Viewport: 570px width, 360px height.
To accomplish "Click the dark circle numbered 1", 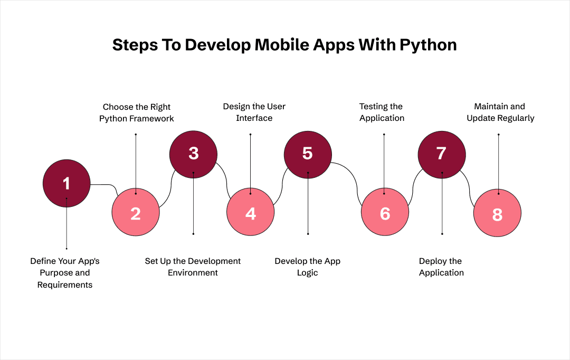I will tap(66, 183).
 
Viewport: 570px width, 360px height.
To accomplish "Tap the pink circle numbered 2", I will tap(136, 213).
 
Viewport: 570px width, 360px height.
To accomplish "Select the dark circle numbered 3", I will tap(193, 154).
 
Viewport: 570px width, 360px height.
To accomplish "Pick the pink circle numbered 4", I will tap(251, 213).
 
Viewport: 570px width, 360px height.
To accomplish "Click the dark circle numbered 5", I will tap(308, 154).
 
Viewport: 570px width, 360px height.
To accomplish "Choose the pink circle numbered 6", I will tap(385, 213).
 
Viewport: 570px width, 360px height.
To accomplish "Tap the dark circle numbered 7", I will tap(442, 154).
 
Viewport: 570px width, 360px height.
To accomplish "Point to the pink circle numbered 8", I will tap(497, 214).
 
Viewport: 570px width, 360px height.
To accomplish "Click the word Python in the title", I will tap(428, 45).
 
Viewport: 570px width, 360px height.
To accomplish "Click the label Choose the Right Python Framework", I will tap(137, 113).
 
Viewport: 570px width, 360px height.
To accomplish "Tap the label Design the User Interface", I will tap(254, 112).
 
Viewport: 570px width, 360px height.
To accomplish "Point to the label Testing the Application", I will tap(381, 112).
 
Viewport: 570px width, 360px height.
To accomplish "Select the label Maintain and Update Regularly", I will tap(500, 112).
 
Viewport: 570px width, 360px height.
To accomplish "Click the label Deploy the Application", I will tap(441, 267).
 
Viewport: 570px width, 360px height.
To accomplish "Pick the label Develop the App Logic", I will tap(308, 267).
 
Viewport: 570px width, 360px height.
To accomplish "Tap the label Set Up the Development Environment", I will tap(193, 267).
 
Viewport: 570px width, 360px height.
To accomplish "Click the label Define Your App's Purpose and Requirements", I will tap(65, 273).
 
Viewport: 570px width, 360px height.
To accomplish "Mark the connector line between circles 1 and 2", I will tap(106, 185).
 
